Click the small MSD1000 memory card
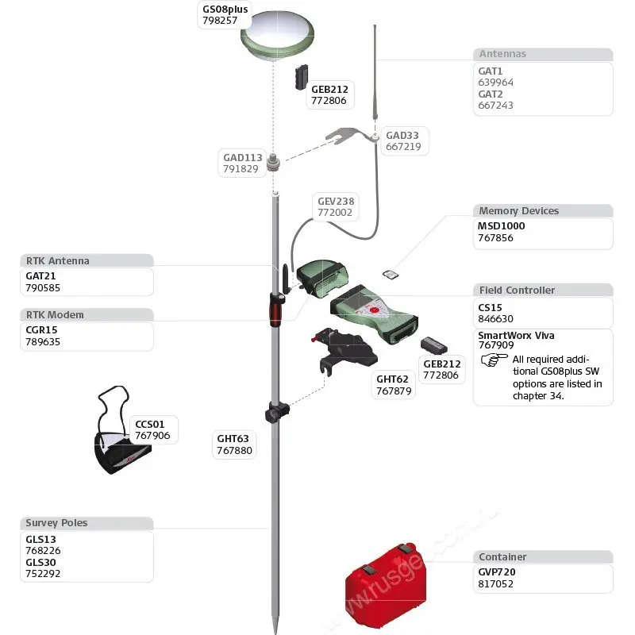pos(390,275)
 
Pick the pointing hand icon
pos(494,360)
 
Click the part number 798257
pos(220,21)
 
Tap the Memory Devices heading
pos(518,211)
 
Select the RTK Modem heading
pos(54,315)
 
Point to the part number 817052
pos(495,583)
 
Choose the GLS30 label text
pos(42,562)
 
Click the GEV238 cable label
pos(335,202)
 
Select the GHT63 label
pos(233,438)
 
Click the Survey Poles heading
pos(56,523)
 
